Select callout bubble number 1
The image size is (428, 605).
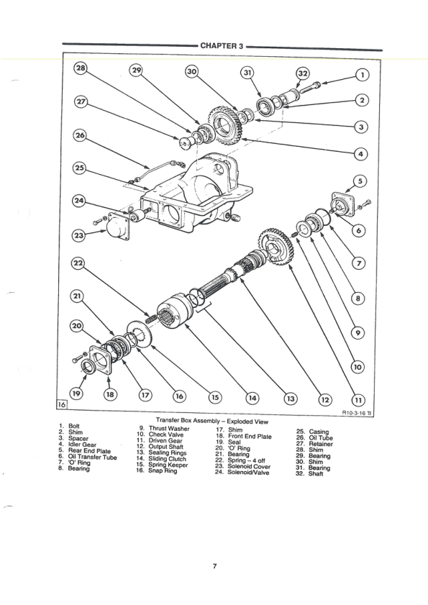coord(362,74)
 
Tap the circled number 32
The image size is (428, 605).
coord(304,74)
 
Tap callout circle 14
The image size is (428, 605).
coord(252,397)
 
